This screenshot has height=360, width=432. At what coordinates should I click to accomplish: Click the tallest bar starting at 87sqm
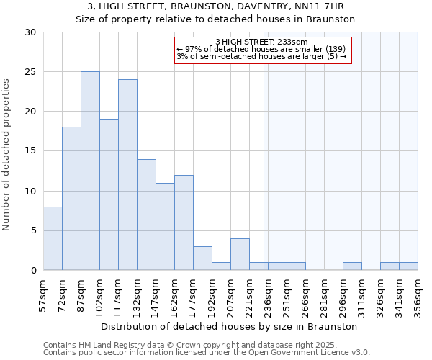(90, 171)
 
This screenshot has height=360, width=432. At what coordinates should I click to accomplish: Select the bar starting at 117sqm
(127, 175)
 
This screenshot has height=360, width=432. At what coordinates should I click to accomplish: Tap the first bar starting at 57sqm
(53, 238)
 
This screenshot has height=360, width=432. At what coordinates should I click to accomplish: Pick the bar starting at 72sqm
(71, 199)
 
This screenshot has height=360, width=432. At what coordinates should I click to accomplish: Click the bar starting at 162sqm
(184, 222)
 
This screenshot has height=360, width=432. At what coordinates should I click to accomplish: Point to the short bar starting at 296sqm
(352, 266)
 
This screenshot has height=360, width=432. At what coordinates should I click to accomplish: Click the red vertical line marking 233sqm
(264, 180)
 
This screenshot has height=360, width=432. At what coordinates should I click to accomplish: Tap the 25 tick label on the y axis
(30, 72)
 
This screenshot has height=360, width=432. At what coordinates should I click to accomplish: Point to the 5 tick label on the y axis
(33, 231)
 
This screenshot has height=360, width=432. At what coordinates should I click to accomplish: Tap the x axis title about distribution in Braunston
(230, 326)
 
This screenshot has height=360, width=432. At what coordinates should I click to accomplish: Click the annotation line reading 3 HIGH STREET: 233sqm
(261, 42)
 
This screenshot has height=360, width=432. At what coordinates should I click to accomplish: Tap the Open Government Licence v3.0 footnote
(317, 352)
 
